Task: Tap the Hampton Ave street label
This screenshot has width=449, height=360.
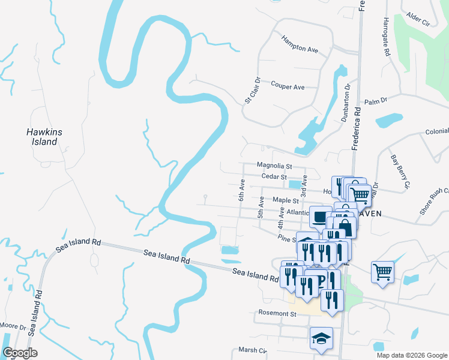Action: [x=300, y=44]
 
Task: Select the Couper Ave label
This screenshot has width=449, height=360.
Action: [x=288, y=86]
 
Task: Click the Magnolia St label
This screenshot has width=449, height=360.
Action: [x=274, y=166]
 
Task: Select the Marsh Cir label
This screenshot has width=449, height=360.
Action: [x=252, y=350]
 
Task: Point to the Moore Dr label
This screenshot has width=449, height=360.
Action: [x=13, y=326]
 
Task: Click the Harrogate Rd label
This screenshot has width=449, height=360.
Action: [x=387, y=37]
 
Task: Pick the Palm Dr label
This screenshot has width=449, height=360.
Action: [x=376, y=101]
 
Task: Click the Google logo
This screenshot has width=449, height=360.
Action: [x=19, y=353]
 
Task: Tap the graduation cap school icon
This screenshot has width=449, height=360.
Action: [x=321, y=338]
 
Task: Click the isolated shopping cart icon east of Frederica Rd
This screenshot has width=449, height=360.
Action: [x=382, y=272]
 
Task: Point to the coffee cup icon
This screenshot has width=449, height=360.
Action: [x=320, y=216]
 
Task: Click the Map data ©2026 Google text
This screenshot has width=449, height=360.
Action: [x=411, y=355]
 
